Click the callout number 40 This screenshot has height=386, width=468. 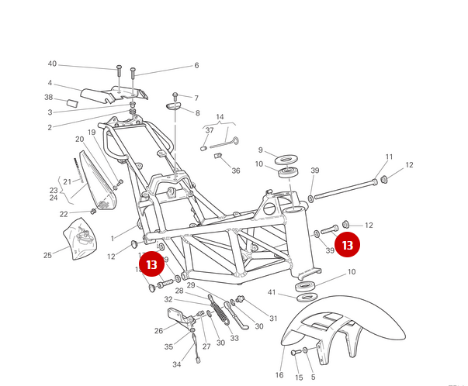coord(52,64)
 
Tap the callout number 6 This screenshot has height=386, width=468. coord(196,66)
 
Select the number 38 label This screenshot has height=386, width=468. coord(49,98)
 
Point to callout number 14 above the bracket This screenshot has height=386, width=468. coord(219,116)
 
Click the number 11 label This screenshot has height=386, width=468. coord(390,157)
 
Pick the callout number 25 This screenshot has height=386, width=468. coord(47,255)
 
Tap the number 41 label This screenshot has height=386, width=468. coord(272,292)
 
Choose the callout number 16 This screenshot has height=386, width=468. coord(279,375)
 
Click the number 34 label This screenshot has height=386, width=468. coord(176,364)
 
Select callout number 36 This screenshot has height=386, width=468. coord(236,171)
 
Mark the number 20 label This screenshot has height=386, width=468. coord(79,140)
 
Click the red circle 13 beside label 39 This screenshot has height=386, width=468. coord(348,245)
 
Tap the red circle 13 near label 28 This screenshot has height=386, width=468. coord(152,264)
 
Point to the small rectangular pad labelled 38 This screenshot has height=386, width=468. coord(71,102)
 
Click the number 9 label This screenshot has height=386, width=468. coord(261,150)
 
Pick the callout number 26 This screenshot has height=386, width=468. coord(158,330)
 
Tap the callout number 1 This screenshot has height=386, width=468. coord(113,238)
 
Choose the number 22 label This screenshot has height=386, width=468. coord(64,214)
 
